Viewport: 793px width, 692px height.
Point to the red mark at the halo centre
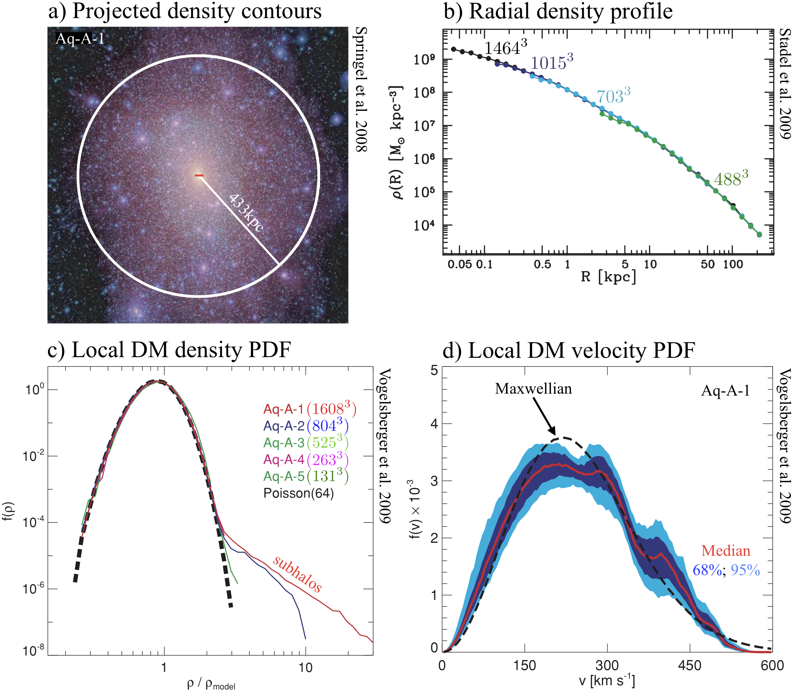click(x=199, y=176)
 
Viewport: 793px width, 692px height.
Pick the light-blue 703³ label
click(x=613, y=96)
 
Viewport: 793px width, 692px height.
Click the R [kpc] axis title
click(x=608, y=277)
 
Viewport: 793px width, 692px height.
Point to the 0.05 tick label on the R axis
click(x=460, y=264)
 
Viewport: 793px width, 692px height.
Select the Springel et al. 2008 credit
click(x=361, y=89)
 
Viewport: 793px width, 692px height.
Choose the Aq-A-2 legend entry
click(x=306, y=426)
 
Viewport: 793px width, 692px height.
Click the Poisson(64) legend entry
click(x=298, y=493)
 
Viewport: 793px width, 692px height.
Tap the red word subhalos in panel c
click(x=297, y=574)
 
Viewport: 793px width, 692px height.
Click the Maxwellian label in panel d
click(x=533, y=389)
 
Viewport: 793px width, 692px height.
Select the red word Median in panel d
click(x=726, y=551)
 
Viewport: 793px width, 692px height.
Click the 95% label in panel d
click(x=746, y=570)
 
